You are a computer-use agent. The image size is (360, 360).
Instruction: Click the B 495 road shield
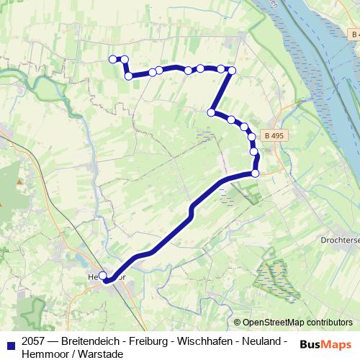pos(273,135)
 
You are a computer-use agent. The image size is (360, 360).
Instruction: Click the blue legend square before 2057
pos(11,341)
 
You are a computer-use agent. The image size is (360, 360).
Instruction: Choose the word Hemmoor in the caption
pos(45,354)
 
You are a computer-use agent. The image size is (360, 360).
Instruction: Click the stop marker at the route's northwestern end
pos(112,59)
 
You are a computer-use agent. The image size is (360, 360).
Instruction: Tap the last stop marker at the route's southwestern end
pos(103,276)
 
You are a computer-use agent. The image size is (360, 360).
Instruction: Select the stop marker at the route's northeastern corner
pos(232,70)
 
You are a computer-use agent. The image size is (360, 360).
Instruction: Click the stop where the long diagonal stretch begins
pos(255,174)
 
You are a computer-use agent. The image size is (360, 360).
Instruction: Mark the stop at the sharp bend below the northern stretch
pos(211,112)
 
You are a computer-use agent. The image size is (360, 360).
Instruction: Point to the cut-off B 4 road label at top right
pos(354,34)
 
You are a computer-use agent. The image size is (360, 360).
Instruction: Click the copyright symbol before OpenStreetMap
pos(237,323)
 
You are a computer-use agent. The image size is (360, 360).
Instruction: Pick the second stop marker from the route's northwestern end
pos(124,59)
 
